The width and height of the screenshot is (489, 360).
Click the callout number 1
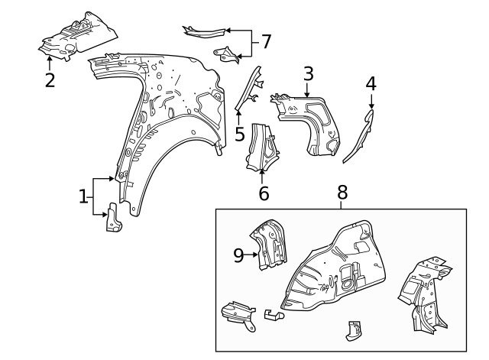tap(83, 197)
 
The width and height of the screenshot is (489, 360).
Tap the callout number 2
tap(50, 79)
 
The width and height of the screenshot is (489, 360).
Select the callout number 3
tap(308, 73)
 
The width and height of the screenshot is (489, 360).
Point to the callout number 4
tap(371, 83)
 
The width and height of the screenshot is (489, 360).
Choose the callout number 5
tap(239, 135)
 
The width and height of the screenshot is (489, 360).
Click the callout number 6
tap(264, 193)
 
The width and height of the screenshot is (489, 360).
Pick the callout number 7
tap(265, 41)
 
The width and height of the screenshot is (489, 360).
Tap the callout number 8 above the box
tap(342, 192)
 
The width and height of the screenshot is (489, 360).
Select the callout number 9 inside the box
tap(238, 255)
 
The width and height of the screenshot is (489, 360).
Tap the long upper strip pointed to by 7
tap(205, 31)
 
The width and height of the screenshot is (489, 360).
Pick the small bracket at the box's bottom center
tap(352, 329)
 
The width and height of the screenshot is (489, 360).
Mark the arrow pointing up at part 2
tap(50, 62)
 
